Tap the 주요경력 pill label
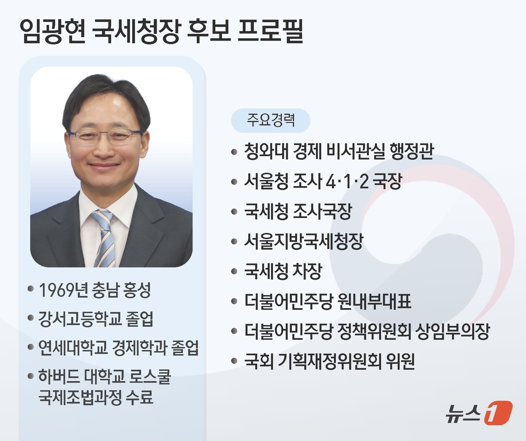coord(271,120)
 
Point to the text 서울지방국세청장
coord(304,241)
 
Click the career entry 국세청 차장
coord(283,271)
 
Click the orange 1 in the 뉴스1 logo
coord(497,413)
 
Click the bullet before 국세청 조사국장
coord(234,212)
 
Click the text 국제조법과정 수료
coord(96,397)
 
